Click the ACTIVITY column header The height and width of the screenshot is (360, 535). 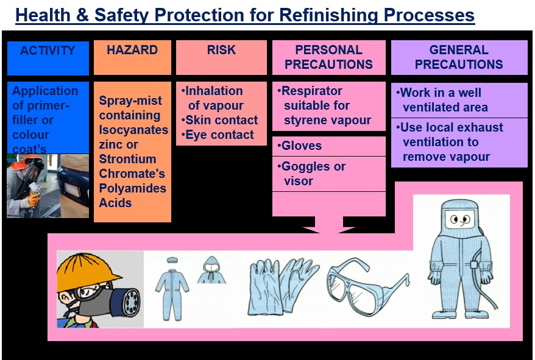click(48, 51)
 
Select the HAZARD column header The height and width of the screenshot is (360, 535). click(132, 50)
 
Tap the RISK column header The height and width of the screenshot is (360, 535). click(221, 50)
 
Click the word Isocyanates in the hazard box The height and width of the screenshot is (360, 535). click(133, 130)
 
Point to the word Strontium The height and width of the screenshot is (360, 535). click(127, 159)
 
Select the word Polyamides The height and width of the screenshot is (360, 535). click(132, 188)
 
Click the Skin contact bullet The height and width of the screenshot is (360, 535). click(220, 120)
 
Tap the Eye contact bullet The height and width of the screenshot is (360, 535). click(218, 135)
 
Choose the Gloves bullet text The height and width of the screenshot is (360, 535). click(300, 146)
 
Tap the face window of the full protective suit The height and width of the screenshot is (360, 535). click(459, 219)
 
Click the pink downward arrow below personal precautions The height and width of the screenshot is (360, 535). click(329, 224)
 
